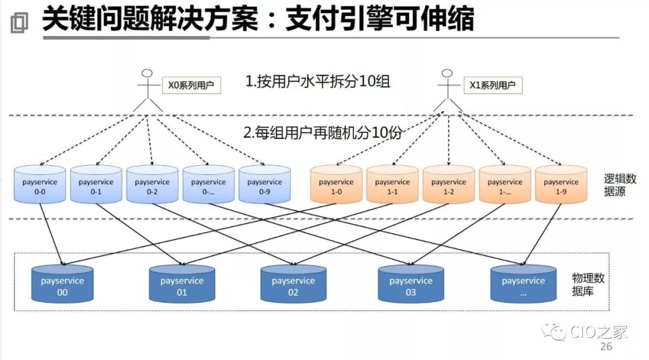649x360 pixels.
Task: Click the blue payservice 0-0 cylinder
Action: (x=40, y=185)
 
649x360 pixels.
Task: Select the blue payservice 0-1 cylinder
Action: (x=96, y=185)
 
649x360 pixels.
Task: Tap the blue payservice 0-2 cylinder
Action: (x=152, y=185)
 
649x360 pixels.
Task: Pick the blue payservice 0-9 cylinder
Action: (x=264, y=185)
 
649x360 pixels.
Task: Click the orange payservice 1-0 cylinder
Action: (x=336, y=185)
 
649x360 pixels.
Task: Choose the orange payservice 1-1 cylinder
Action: (x=392, y=185)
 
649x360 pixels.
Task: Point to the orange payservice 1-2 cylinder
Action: (x=448, y=185)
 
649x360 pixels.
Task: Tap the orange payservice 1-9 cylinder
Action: (x=561, y=185)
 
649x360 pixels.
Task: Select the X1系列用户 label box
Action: (x=492, y=85)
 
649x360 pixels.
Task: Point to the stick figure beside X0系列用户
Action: (x=148, y=90)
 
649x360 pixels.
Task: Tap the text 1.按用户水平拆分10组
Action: (x=317, y=81)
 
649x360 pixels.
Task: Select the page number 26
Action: (x=606, y=347)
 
